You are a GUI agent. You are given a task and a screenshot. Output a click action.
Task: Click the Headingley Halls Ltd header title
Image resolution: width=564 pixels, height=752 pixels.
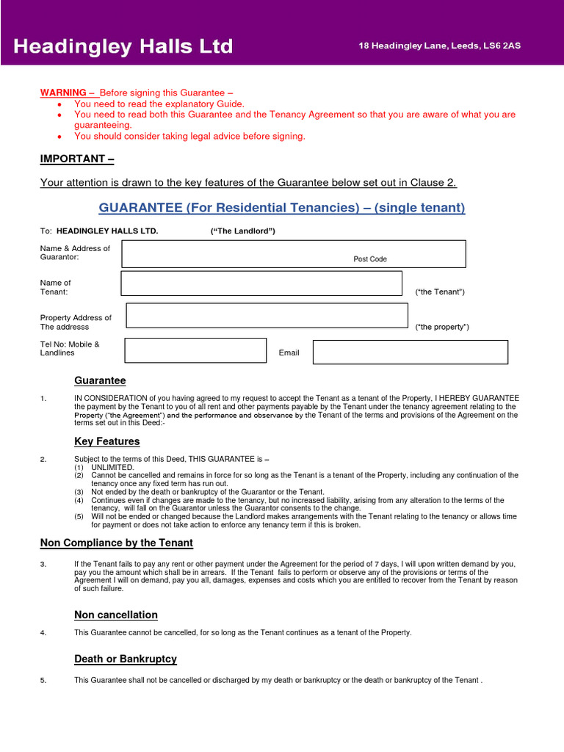click(x=123, y=47)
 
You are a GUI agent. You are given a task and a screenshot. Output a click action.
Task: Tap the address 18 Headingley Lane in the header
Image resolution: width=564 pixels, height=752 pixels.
click(x=439, y=46)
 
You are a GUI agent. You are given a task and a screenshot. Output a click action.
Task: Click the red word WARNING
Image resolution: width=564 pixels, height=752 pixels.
click(x=62, y=93)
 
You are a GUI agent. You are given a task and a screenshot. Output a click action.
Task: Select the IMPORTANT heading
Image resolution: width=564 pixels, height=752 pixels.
click(x=76, y=159)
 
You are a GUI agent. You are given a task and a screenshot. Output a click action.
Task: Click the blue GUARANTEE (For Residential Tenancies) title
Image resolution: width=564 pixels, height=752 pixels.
click(x=282, y=208)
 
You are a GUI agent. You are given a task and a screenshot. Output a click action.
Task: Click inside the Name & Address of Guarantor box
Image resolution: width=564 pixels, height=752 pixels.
click(x=235, y=254)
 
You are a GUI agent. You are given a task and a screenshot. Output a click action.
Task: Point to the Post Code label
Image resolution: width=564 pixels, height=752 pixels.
click(x=370, y=259)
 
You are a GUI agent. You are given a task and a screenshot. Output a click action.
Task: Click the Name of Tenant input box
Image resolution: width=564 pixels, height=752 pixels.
click(x=261, y=283)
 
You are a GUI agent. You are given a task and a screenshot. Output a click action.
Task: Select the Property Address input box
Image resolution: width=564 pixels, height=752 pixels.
click(x=267, y=315)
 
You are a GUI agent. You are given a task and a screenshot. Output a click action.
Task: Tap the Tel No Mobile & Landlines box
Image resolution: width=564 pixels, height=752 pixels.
click(x=195, y=350)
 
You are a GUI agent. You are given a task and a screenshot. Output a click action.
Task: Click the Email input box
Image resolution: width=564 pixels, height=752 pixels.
click(x=410, y=352)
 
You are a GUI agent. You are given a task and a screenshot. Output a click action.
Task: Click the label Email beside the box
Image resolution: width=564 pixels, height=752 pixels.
click(x=289, y=353)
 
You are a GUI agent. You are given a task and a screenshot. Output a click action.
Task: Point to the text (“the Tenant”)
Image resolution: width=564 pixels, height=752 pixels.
click(x=440, y=292)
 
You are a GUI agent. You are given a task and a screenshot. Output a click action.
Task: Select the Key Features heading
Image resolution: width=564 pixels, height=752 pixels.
click(x=106, y=441)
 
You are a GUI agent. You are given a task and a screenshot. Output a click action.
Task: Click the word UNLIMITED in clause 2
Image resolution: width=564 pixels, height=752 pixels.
click(x=112, y=467)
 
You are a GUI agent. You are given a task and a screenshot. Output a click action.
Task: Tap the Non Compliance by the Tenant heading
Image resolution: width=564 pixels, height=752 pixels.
click(x=116, y=543)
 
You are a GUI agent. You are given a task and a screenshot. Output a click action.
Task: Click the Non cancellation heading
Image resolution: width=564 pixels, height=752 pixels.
click(x=116, y=615)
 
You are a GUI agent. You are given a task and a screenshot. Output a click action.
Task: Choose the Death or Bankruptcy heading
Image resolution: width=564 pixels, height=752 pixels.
click(x=126, y=659)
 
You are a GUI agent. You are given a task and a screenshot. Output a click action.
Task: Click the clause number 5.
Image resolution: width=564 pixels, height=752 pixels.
click(x=44, y=680)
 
